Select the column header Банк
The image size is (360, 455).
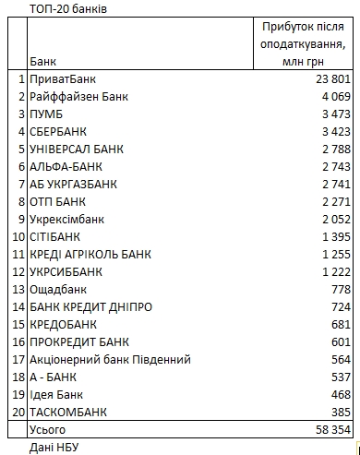click(x=42, y=62)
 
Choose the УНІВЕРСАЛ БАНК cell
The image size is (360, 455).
click(x=76, y=149)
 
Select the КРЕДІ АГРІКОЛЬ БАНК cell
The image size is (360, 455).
click(x=90, y=254)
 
